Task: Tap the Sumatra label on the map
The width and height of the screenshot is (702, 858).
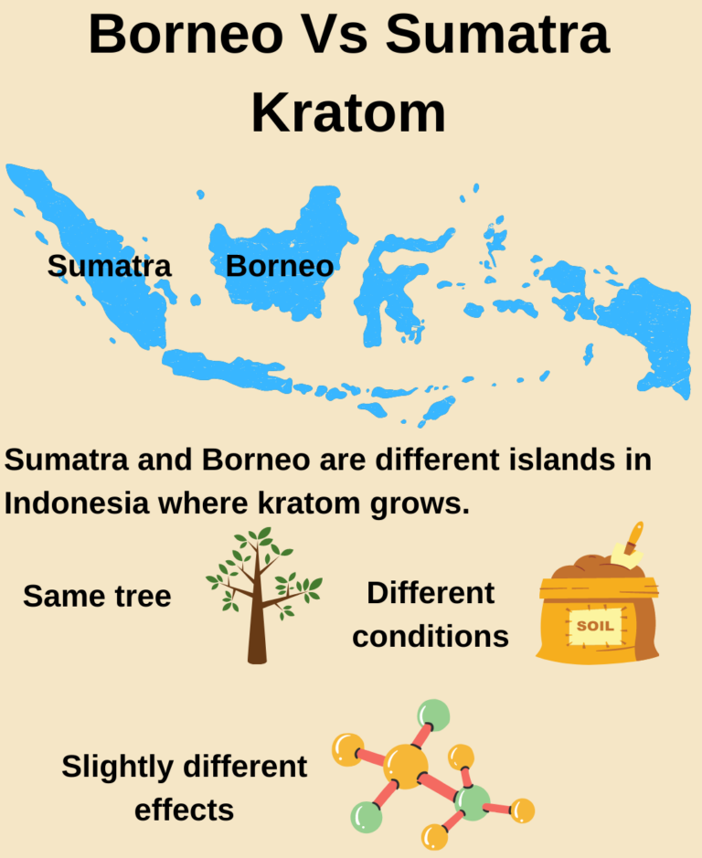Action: point(110,266)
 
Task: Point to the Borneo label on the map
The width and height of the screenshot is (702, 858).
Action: point(279,266)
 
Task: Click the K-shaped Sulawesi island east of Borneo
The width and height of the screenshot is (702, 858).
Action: point(388,283)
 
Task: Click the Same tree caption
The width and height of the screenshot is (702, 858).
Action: point(97,597)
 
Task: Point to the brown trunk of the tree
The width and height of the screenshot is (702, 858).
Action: point(257,630)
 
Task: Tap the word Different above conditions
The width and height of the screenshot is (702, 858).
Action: point(431,593)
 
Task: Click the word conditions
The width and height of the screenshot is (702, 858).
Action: point(431,636)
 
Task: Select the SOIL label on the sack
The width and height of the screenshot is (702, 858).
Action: point(595,627)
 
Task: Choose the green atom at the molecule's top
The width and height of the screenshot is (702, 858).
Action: point(433,715)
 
